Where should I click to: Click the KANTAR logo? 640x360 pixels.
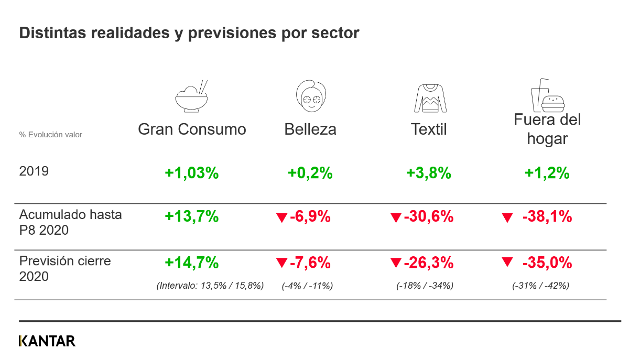[x=47, y=341]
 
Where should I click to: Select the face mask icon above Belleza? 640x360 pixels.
[x=311, y=95]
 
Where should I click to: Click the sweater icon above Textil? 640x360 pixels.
[x=430, y=97]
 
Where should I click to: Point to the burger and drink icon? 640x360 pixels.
[x=547, y=96]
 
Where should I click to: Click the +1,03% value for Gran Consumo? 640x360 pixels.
[x=192, y=173]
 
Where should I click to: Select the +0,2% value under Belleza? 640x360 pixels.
[x=310, y=173]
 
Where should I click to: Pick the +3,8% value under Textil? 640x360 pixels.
[x=429, y=173]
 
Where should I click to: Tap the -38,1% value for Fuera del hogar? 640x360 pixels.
[x=547, y=216]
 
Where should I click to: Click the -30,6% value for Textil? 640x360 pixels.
[x=428, y=216]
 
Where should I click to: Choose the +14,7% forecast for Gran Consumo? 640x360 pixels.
[x=192, y=262]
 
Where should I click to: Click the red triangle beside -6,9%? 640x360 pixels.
[x=282, y=217]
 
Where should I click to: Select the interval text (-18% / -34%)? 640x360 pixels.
[x=425, y=286]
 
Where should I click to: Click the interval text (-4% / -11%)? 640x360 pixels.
[x=308, y=286]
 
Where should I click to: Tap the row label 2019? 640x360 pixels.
[x=34, y=171]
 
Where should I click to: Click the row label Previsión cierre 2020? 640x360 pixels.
[x=65, y=268]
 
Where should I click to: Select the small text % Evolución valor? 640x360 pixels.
[x=51, y=135]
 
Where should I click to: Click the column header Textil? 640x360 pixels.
[x=429, y=129]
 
